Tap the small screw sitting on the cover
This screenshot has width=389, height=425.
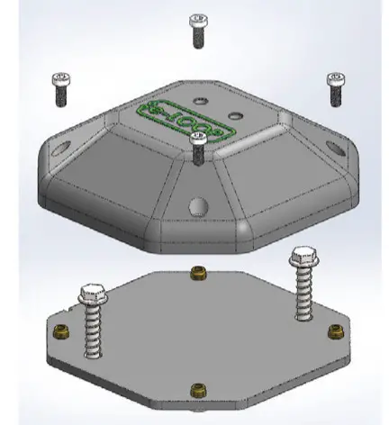(199, 146)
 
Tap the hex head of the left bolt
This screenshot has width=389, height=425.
(94, 294)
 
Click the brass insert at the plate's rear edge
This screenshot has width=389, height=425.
(198, 271)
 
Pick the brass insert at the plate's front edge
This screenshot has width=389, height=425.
(197, 389)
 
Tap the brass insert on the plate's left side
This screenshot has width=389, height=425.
(61, 331)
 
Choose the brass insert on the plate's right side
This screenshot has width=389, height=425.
(334, 330)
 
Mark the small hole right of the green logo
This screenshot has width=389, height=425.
(236, 115)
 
